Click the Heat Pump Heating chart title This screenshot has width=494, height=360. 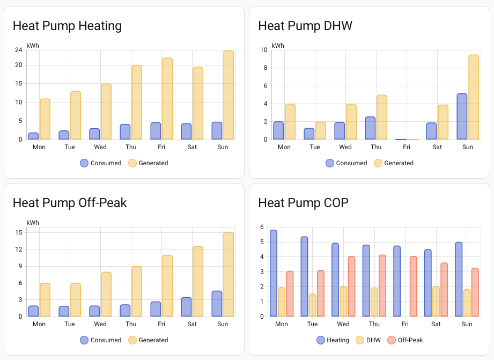(67, 26)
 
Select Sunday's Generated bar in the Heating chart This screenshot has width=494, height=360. (228, 95)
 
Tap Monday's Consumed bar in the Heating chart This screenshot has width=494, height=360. (33, 136)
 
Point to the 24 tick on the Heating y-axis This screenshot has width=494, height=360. (18, 50)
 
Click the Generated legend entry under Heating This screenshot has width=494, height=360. (148, 163)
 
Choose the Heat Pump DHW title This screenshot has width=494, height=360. (305, 26)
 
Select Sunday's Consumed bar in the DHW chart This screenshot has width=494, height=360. (462, 116)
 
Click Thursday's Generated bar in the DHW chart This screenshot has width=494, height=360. (381, 117)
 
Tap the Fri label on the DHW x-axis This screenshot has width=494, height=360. (406, 147)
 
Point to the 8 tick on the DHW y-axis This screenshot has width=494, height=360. (264, 68)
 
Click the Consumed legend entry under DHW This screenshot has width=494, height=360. (346, 163)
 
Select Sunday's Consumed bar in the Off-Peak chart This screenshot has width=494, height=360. (217, 304)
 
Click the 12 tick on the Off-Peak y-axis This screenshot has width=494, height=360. (18, 249)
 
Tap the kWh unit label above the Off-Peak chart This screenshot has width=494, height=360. (32, 223)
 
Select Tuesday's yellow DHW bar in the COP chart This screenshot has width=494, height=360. (312, 305)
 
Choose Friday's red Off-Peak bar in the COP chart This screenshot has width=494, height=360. (413, 286)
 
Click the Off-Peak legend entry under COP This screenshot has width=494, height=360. (405, 340)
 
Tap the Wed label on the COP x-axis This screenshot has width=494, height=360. (343, 324)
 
